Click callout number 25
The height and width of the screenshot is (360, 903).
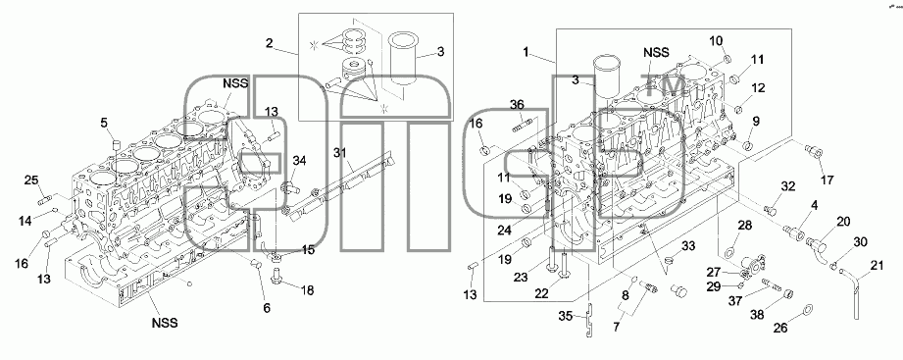pyautogui.click(x=31, y=180)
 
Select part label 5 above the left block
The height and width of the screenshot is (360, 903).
pyautogui.click(x=104, y=123)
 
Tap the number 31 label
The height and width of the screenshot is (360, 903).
pyautogui.click(x=341, y=152)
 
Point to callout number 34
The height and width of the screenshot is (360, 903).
pyautogui.click(x=299, y=160)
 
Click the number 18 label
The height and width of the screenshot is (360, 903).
pyautogui.click(x=308, y=290)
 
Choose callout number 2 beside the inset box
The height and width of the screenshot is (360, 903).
pyautogui.click(x=270, y=42)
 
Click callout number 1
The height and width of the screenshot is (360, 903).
pyautogui.click(x=526, y=52)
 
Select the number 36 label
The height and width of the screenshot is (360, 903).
pyautogui.click(x=517, y=104)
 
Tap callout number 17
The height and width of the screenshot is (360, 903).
pyautogui.click(x=828, y=180)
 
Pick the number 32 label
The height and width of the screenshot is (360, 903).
pyautogui.click(x=788, y=186)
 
